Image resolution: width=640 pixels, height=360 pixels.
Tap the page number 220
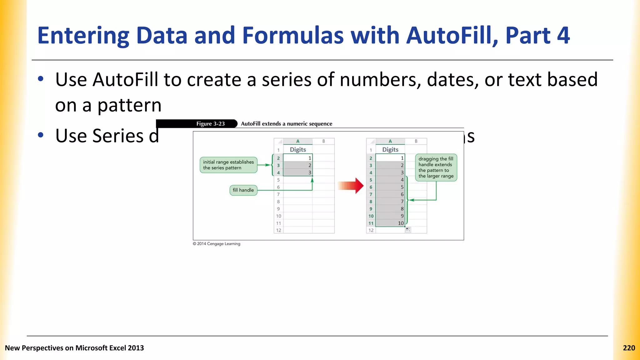point(629,348)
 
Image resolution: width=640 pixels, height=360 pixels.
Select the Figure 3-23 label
point(210,124)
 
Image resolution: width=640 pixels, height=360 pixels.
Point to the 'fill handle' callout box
point(243,190)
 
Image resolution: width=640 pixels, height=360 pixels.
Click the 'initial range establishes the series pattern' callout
point(228,165)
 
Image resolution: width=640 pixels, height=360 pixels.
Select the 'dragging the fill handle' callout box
point(436,167)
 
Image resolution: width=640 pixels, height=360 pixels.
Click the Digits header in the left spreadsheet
point(298,150)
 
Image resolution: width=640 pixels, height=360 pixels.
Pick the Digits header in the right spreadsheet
point(390,150)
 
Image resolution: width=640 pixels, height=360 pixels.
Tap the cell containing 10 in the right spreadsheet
point(391,223)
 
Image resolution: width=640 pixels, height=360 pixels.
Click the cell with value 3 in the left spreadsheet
point(298,172)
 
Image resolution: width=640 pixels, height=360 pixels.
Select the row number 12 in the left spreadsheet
point(278,230)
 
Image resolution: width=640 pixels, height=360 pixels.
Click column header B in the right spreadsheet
point(416,141)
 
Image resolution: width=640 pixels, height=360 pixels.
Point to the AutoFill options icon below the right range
point(408,230)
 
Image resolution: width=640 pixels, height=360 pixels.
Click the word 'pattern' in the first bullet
point(129,105)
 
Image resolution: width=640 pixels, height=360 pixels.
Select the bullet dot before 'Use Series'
point(40,135)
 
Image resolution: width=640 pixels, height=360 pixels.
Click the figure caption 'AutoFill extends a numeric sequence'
point(286,124)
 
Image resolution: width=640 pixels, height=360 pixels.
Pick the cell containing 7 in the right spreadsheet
point(391,202)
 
